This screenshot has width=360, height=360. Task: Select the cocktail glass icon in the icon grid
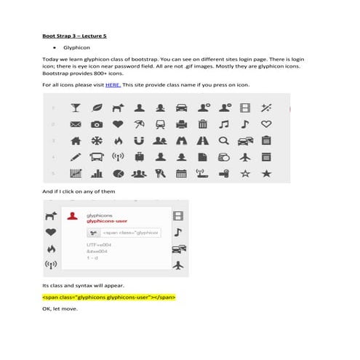pos(76,108)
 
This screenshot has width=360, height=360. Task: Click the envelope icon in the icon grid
pos(75,124)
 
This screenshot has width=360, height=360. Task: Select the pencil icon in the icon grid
pos(75,156)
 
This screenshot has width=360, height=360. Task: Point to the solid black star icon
pos(266,172)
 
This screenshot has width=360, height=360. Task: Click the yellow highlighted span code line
pos(109,297)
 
